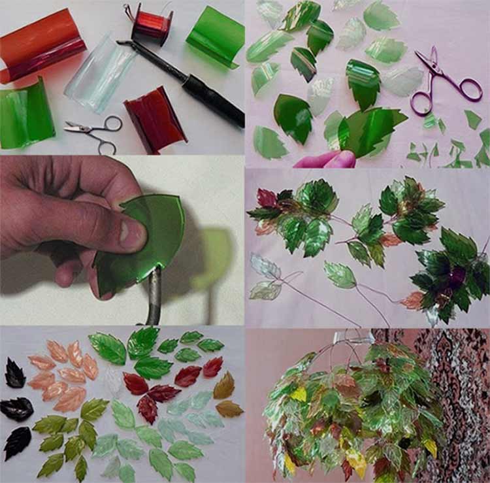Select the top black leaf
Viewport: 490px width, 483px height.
pos(14,373)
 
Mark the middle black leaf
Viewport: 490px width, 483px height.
pos(16,409)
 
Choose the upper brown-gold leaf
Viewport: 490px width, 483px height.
pos(224,386)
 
